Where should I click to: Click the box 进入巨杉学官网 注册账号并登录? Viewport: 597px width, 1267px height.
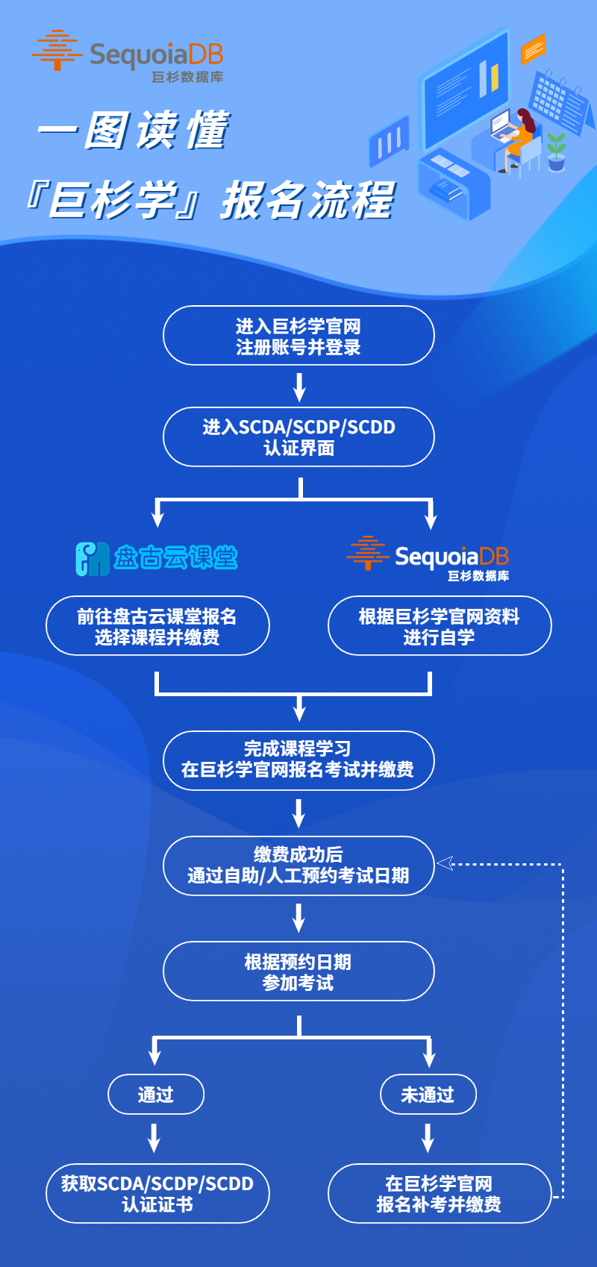298,336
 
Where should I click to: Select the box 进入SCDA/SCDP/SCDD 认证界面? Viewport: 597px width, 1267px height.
298,437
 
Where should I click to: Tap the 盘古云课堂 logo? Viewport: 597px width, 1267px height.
157,557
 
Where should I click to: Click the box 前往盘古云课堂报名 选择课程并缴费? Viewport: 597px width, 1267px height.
157,626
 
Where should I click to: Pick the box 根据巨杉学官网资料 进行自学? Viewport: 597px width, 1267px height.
440,626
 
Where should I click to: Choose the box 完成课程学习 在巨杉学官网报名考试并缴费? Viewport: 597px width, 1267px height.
298,760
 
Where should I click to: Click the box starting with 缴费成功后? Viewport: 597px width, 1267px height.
298,865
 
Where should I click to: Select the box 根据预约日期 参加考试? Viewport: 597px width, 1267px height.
298,972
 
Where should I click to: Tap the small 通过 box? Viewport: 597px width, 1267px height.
156,1095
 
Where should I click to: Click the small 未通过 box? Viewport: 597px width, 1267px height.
428,1095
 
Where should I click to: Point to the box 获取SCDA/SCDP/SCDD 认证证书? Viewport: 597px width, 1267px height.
157,1193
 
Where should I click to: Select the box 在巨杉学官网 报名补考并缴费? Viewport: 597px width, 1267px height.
440,1193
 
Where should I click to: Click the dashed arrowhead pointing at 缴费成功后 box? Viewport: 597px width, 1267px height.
445,863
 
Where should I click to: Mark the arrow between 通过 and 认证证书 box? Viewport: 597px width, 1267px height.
154,1139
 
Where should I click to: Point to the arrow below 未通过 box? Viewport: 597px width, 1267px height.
428,1139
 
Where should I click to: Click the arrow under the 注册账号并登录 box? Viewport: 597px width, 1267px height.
299,387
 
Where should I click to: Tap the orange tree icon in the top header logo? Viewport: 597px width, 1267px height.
57,50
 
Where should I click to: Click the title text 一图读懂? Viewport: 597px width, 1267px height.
134,131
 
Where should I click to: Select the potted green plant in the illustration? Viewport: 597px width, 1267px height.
556,151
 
